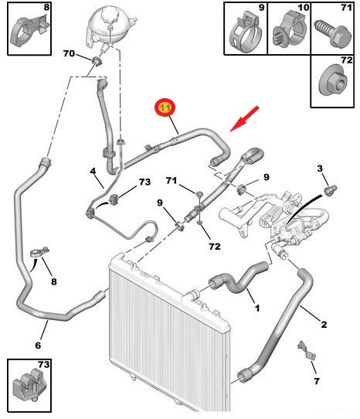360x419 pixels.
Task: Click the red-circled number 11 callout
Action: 165,107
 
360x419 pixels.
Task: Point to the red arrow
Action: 244,118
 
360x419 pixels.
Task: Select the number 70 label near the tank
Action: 69,53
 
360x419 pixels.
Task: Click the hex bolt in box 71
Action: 333,33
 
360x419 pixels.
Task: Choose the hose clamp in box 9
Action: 245,31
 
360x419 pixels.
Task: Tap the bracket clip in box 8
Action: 29,29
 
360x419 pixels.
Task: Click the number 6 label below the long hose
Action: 38,346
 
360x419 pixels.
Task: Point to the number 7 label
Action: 317,381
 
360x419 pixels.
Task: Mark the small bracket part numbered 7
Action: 307,351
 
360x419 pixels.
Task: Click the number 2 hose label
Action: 324,325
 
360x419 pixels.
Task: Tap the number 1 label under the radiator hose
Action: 257,308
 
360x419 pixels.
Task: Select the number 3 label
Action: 320,169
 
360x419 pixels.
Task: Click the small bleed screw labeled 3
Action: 331,189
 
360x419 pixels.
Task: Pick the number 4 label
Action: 93,171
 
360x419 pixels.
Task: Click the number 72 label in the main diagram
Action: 215,246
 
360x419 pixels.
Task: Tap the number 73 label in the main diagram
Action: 144,182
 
